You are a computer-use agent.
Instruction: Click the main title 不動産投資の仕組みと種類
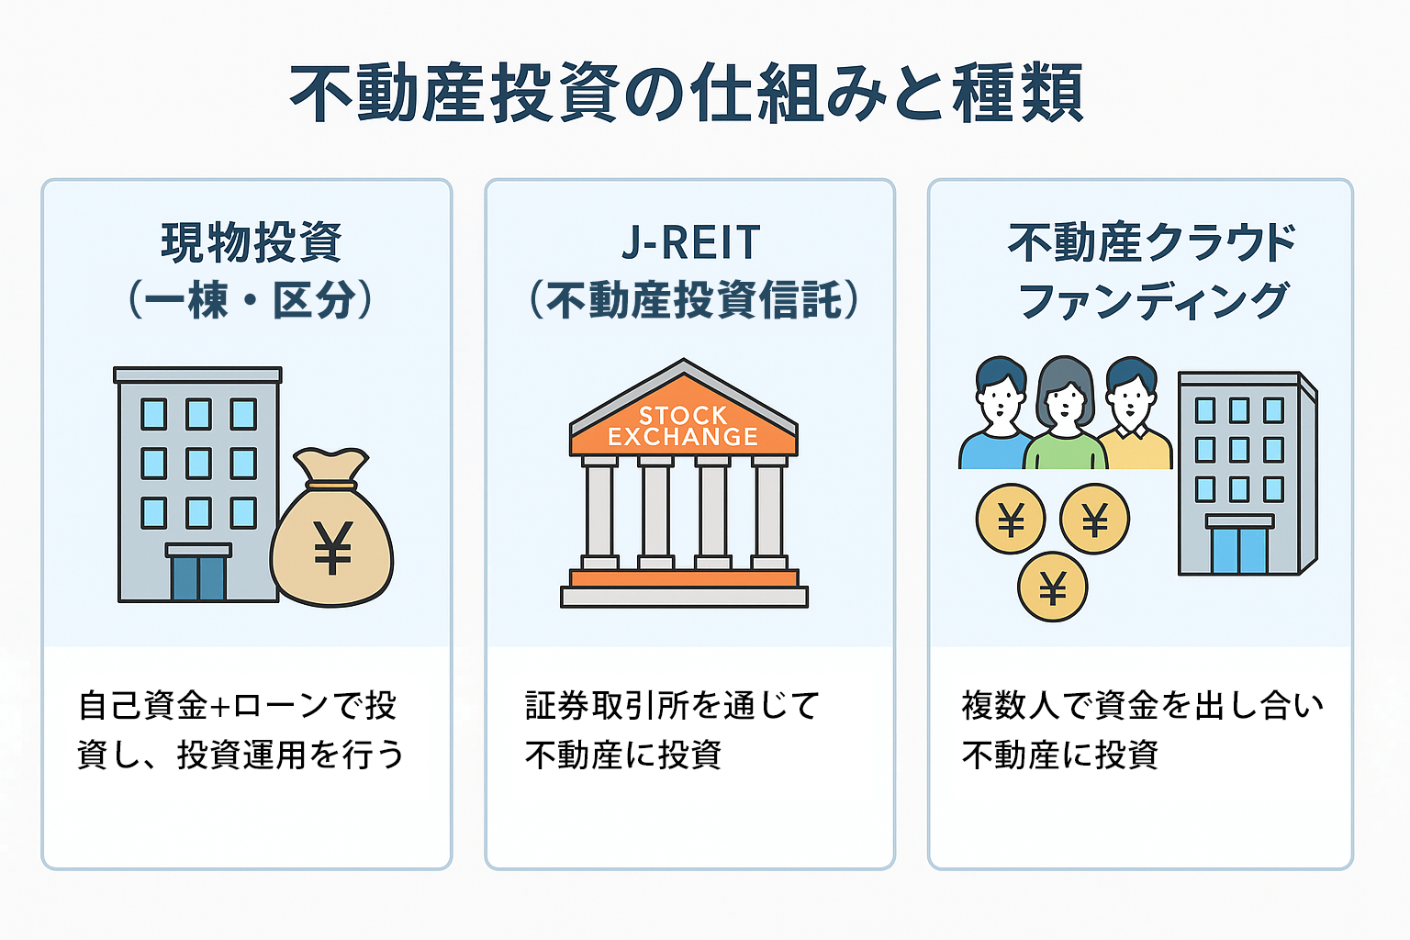click(x=686, y=93)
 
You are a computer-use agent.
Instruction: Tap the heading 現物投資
click(x=252, y=242)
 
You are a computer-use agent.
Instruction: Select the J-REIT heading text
click(x=691, y=242)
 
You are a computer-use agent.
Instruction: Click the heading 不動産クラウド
click(x=1151, y=242)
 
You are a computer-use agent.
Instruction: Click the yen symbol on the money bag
click(x=333, y=547)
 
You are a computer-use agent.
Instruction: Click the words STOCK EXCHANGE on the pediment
click(x=683, y=426)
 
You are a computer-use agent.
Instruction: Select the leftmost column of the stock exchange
click(x=599, y=512)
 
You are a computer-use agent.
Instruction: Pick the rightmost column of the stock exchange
click(x=769, y=512)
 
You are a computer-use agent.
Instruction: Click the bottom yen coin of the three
click(x=1053, y=587)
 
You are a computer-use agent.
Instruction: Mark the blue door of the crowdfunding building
click(x=1239, y=549)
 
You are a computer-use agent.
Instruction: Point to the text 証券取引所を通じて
click(x=672, y=705)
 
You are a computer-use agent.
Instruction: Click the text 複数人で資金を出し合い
click(x=1143, y=705)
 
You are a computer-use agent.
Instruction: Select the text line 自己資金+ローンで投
click(x=237, y=705)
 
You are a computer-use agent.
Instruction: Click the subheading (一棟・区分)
click(x=251, y=299)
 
